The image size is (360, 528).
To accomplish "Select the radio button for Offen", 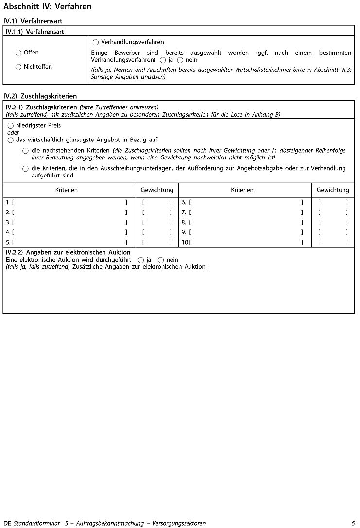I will pos(18,53).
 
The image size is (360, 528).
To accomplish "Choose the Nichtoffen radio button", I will pos(18,67).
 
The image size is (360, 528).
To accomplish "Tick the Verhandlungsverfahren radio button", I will pos(95,42).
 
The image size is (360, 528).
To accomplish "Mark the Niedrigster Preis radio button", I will pos(11,125).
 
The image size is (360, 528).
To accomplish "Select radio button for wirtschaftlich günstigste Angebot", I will pos(11,140).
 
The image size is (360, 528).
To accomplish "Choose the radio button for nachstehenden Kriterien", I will pos(25,151).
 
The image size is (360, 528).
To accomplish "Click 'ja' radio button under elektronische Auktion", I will pos(141,260).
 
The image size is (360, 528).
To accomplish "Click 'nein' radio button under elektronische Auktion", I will pos(161,260).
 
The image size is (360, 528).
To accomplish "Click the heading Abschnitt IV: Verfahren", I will pos(47,7).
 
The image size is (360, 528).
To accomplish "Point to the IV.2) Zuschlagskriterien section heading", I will pos(40,96).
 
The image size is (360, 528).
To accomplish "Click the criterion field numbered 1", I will pos(69,202).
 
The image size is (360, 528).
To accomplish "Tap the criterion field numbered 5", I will pos(69,242).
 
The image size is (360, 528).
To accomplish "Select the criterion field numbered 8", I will pos(246,222).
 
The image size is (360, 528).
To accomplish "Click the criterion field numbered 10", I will pos(246,242).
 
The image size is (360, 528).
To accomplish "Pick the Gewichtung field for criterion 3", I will pos(157,222).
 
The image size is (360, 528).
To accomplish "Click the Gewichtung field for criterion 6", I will pos(333,202).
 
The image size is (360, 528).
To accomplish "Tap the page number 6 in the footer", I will pos(353,523).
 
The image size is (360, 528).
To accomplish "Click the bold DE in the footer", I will pos(7,523).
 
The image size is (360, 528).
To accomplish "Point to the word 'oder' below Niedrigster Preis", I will pos(13,132).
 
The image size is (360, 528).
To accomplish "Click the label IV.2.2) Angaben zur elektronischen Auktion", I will pos(68,252).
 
